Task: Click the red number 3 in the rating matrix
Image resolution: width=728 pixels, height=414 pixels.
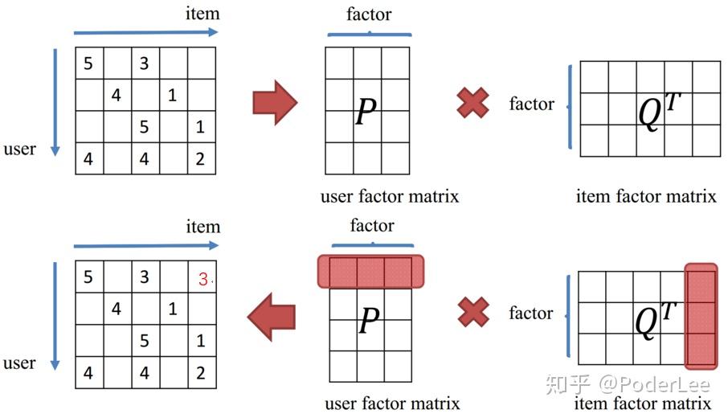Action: coord(203,279)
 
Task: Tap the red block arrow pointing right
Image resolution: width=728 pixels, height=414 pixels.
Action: coord(275,102)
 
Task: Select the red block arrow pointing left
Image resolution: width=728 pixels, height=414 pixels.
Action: coord(271,317)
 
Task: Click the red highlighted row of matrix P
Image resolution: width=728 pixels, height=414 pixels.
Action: coord(370,272)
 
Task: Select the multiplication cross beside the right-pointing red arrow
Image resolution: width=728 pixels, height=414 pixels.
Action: coord(473,103)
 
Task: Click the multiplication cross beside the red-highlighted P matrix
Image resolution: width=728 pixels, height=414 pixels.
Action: coord(473,312)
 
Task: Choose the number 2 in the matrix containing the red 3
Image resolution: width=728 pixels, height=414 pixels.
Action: coord(200,373)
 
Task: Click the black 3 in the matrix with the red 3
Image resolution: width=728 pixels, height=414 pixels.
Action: coord(144,277)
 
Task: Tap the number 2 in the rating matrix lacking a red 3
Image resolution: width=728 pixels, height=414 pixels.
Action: coord(200,159)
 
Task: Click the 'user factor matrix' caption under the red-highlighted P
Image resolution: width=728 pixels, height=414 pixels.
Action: coord(392,403)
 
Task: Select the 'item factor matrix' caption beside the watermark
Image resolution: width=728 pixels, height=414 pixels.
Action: coord(643,403)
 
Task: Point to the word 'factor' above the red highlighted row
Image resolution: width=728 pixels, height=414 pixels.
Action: coord(372,225)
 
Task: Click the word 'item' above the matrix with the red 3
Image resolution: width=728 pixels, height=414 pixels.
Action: coord(202,227)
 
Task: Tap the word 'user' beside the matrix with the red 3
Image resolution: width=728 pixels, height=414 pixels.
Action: coord(19,363)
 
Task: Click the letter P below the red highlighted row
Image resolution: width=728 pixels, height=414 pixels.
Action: coord(368,322)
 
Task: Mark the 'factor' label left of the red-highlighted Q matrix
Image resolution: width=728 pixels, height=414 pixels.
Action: coord(531,313)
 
